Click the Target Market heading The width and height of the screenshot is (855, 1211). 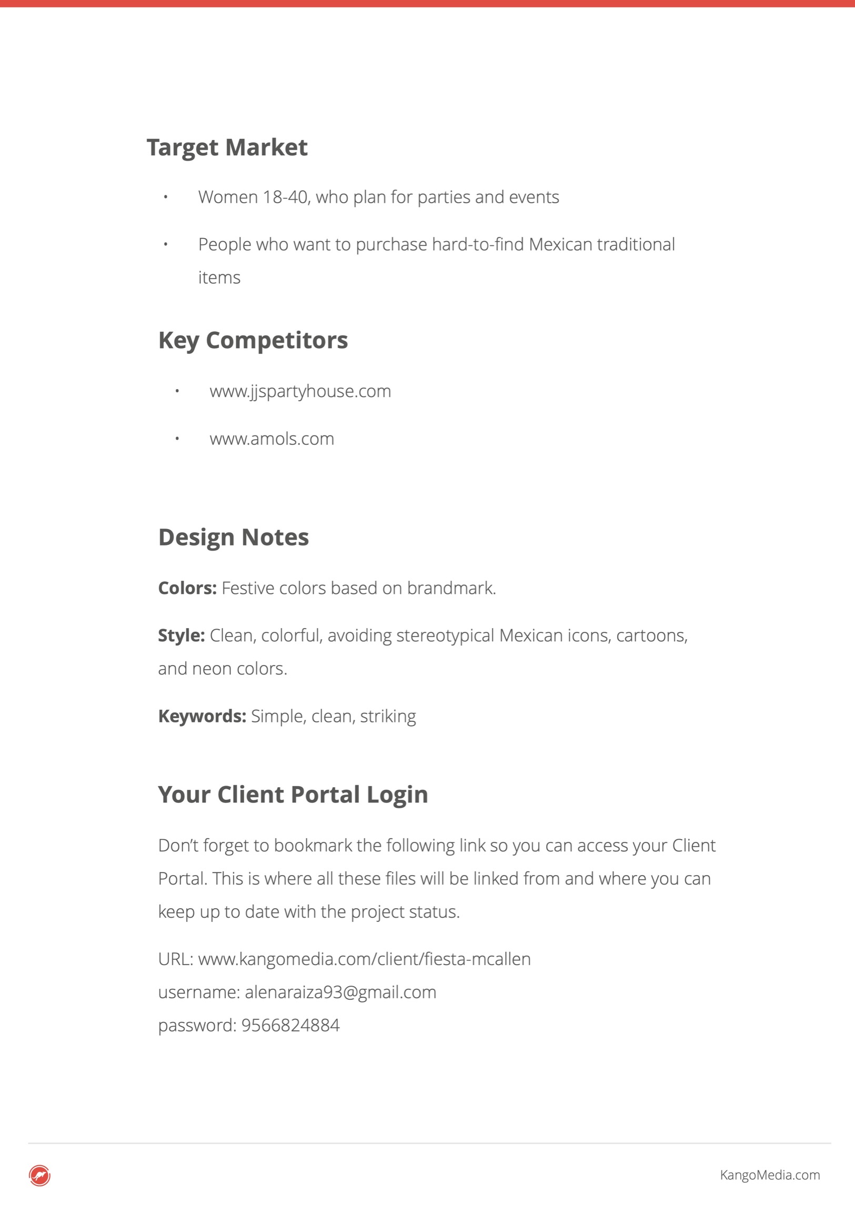tap(227, 147)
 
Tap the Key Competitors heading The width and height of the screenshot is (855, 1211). tap(253, 340)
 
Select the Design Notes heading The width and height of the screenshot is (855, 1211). tap(234, 537)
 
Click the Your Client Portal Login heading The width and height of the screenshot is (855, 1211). tap(293, 795)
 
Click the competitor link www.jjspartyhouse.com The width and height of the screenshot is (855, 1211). tap(300, 391)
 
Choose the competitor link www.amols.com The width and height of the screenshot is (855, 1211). tap(271, 439)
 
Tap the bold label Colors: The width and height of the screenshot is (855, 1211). tap(187, 588)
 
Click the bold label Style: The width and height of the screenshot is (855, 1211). tap(182, 636)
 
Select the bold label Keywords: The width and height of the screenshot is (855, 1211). tap(202, 716)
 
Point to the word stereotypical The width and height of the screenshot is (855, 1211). tap(446, 636)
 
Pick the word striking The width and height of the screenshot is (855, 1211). tap(388, 716)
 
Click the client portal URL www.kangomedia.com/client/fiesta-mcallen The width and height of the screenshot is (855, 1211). tap(364, 959)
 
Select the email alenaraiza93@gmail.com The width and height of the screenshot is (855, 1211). tap(340, 992)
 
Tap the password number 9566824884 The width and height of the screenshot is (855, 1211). tap(290, 1025)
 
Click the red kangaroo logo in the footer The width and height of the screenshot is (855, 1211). tap(39, 1175)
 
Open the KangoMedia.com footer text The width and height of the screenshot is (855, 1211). tap(770, 1175)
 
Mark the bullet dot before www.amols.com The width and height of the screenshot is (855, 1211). tap(177, 438)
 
